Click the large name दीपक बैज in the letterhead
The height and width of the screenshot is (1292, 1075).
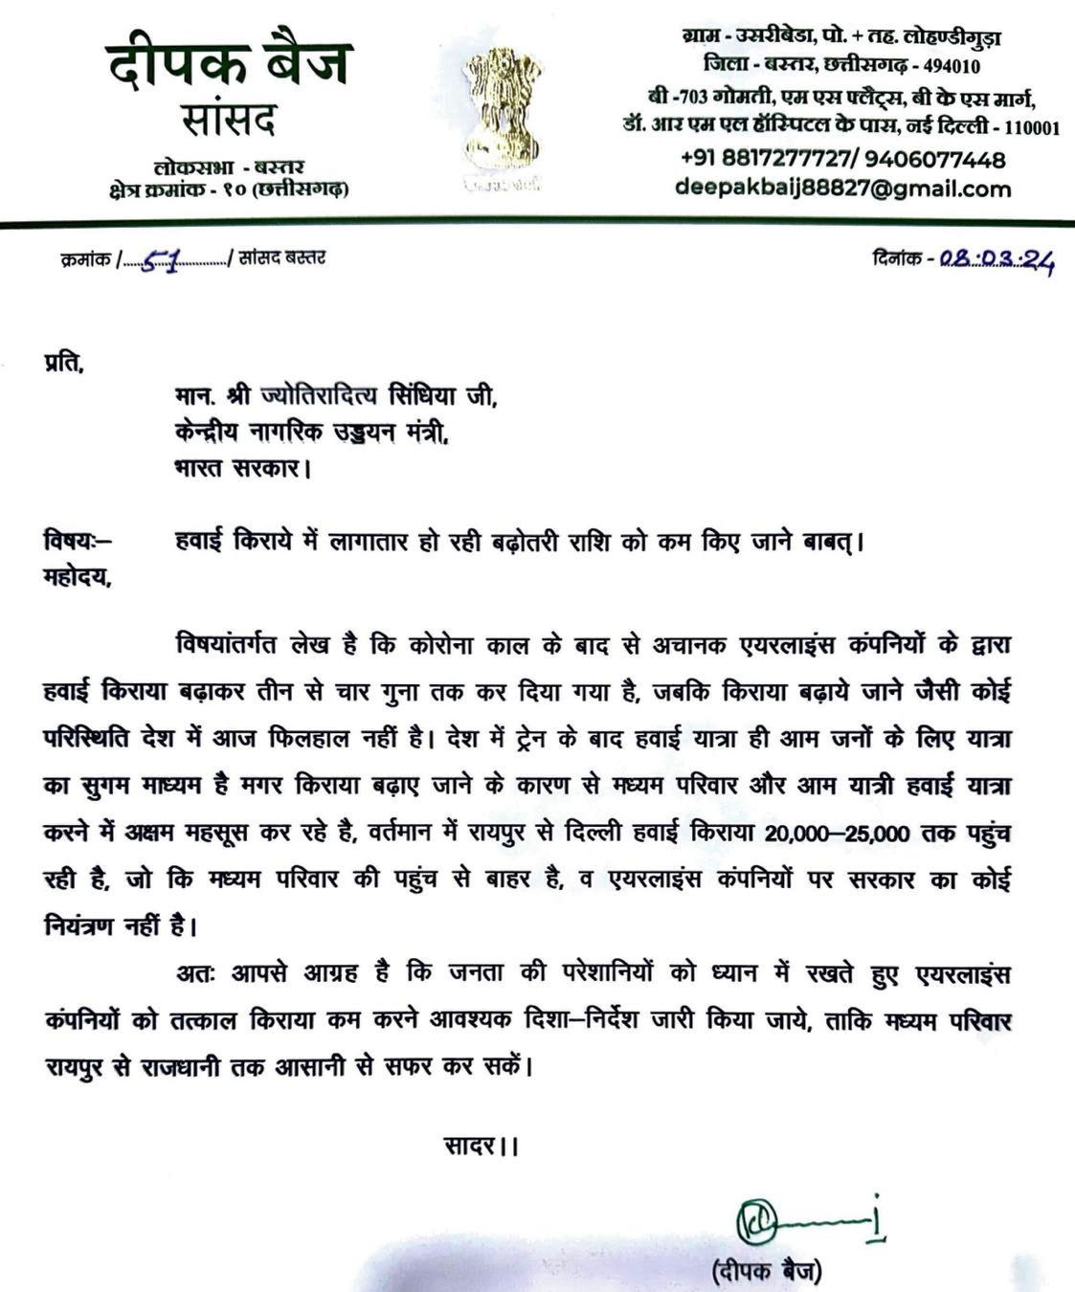click(x=229, y=63)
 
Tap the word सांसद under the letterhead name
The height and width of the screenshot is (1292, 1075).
click(x=229, y=122)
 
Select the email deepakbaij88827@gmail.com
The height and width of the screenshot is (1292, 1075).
click(x=842, y=189)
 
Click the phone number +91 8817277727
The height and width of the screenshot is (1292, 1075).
click(x=765, y=159)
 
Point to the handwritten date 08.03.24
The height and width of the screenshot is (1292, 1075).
click(x=995, y=258)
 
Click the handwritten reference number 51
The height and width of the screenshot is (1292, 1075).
click(x=160, y=259)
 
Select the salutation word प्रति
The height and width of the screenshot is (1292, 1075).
click(x=64, y=365)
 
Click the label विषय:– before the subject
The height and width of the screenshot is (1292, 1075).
click(x=77, y=542)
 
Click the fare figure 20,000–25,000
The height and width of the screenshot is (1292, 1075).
click(x=837, y=834)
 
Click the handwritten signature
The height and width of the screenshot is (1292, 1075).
click(x=805, y=1220)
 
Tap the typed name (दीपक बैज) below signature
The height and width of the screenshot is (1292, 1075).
click(x=766, y=1272)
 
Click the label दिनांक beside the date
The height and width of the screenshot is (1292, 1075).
click(x=898, y=257)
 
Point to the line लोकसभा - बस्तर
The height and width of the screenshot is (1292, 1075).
click(x=229, y=167)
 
